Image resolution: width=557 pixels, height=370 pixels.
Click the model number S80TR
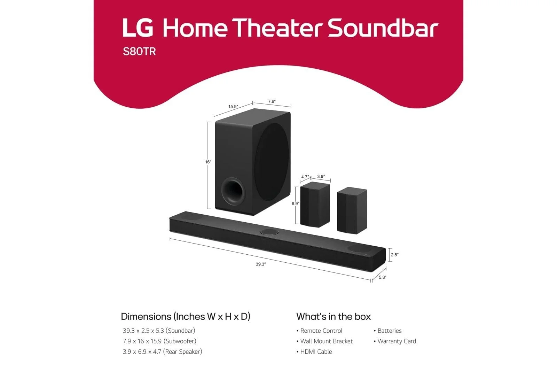coord(139,52)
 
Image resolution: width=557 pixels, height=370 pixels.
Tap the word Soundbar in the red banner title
coord(383,28)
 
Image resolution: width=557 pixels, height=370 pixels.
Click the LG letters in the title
coord(138,28)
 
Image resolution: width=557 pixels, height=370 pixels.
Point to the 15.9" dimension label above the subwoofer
coord(233,107)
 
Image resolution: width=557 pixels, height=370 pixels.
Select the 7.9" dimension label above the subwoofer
coord(272,101)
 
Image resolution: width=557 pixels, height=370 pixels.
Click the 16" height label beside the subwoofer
coord(208,162)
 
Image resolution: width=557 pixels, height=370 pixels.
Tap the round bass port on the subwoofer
coord(233,191)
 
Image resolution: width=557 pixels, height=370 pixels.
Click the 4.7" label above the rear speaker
coord(305,177)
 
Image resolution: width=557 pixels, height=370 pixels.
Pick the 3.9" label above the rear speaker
coord(321,176)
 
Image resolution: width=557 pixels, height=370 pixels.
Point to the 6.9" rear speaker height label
coord(296,203)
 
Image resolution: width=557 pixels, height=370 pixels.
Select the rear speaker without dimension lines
coord(352,210)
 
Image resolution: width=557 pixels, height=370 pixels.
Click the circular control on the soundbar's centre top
coord(269,232)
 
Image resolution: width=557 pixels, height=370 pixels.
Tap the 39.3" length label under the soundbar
coord(261,264)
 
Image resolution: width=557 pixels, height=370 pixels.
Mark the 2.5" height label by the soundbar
coord(395,255)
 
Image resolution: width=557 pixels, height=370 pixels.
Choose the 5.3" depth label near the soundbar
coord(383,277)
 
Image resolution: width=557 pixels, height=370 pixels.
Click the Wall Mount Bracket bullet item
coord(324,341)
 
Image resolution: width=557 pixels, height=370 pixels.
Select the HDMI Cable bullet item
coord(314,352)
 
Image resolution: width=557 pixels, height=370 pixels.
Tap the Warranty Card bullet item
coord(395,341)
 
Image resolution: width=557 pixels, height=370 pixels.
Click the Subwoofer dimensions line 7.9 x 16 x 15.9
coord(159,341)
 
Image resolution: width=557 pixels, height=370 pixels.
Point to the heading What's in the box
coord(334,316)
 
